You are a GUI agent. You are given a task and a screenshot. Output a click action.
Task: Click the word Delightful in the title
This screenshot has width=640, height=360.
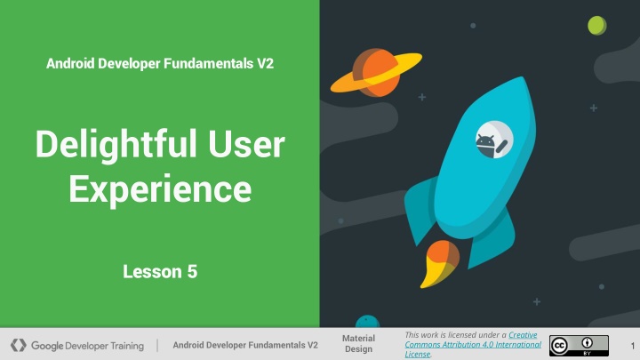pyautogui.click(x=116, y=146)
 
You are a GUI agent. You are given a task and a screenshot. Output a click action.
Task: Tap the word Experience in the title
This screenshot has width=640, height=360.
pyautogui.click(x=160, y=190)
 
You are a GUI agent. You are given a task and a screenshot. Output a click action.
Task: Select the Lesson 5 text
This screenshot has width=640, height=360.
pyautogui.click(x=160, y=272)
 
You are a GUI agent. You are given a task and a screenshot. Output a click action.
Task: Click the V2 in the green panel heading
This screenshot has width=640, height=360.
pyautogui.click(x=265, y=64)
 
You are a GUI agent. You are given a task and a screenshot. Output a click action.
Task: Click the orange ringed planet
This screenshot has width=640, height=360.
pyautogui.click(x=376, y=73)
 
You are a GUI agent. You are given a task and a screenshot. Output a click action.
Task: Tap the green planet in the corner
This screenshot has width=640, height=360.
pyautogui.click(x=596, y=25)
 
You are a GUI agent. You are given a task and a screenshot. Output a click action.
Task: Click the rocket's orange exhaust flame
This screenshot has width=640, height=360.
pyautogui.click(x=439, y=263)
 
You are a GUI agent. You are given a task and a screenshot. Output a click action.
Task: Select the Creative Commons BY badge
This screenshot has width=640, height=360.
pyautogui.click(x=579, y=346)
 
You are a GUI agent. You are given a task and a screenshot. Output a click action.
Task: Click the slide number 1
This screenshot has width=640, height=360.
pyautogui.click(x=633, y=346)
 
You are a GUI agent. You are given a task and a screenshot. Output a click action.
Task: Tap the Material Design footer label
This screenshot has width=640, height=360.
pyautogui.click(x=358, y=344)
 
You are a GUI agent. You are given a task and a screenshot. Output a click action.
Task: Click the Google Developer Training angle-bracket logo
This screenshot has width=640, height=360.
pyautogui.click(x=19, y=345)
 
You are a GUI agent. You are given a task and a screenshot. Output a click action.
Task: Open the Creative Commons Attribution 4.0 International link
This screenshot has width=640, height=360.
pyautogui.click(x=473, y=345)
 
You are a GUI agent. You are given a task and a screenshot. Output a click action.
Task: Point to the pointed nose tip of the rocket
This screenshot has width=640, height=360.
pyautogui.click(x=523, y=77)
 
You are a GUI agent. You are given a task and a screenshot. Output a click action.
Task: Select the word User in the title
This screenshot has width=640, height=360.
pyautogui.click(x=246, y=145)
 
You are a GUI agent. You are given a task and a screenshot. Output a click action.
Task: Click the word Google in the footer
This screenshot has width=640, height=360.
pyautogui.click(x=47, y=346)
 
